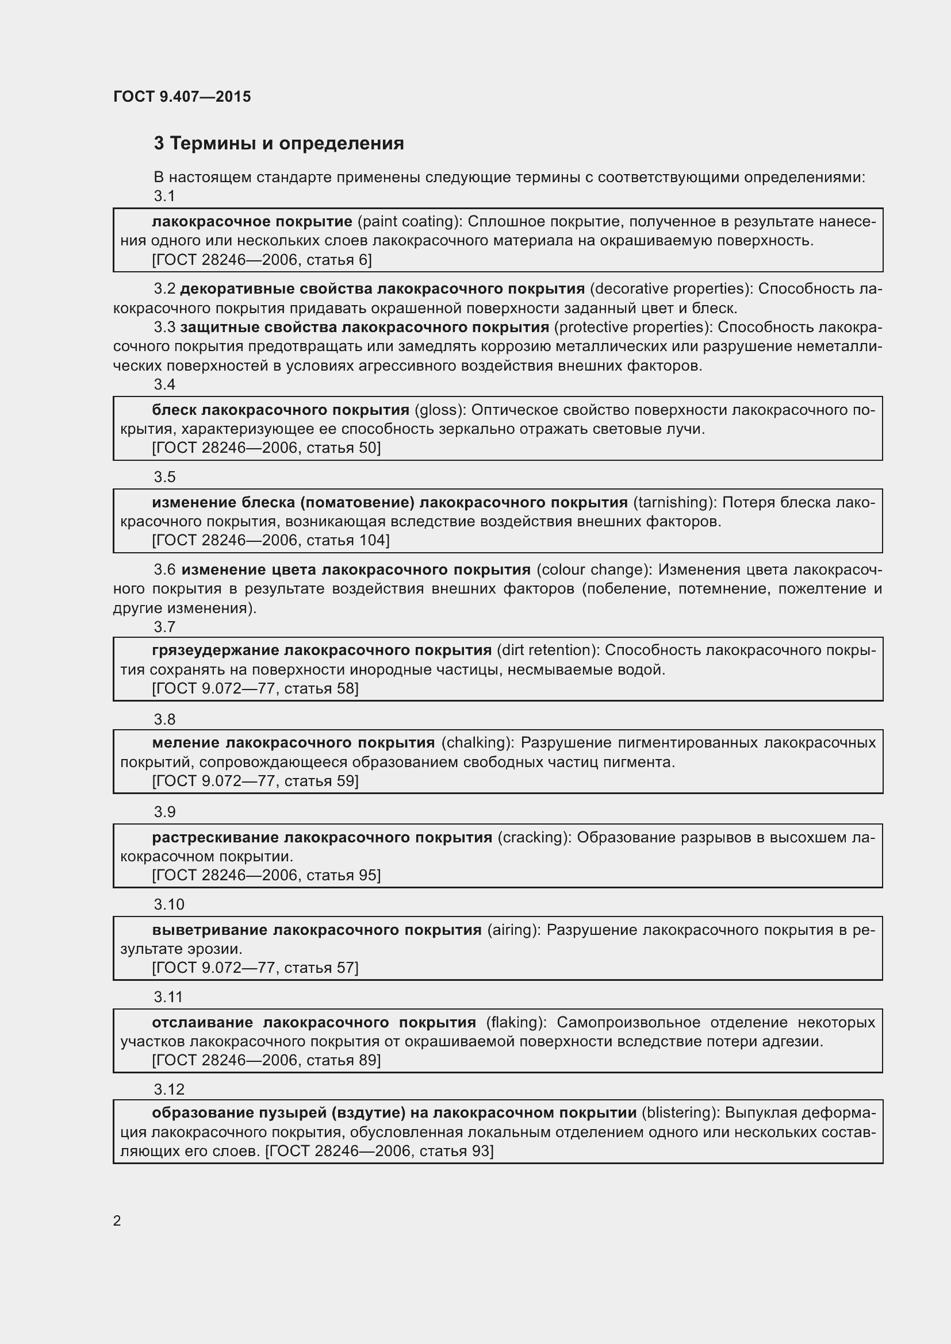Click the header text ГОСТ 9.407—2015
[x=182, y=97]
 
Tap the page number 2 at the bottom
[x=117, y=1220]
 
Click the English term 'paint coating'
[x=409, y=221]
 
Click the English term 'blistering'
[x=680, y=1113]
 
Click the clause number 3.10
[x=168, y=904]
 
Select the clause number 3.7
[x=164, y=627]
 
